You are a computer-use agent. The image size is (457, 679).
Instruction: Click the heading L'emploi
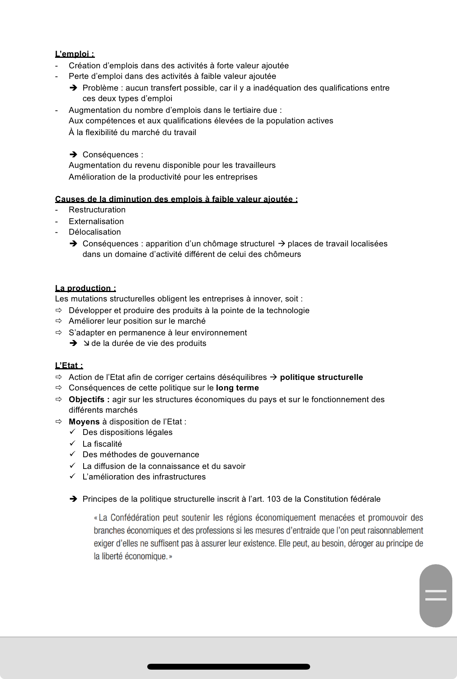click(75, 54)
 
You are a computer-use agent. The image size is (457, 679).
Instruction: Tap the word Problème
click(100, 88)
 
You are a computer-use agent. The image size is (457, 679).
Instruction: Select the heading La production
click(85, 288)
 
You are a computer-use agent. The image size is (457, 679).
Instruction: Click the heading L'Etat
click(69, 365)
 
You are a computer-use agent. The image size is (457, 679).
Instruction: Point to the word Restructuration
click(97, 210)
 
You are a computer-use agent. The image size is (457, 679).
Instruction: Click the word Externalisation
click(96, 221)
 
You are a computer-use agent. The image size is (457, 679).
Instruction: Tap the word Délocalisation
click(95, 232)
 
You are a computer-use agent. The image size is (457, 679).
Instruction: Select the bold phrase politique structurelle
click(321, 377)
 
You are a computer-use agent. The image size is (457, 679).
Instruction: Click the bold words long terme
click(237, 388)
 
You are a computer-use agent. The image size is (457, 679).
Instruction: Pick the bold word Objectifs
click(86, 399)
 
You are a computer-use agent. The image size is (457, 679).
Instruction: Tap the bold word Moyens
click(84, 422)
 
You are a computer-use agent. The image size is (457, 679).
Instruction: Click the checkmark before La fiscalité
click(73, 444)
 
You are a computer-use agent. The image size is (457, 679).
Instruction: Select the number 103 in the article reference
click(274, 499)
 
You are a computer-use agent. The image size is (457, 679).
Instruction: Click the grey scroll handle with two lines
click(436, 595)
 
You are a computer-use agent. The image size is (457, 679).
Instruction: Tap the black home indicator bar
click(228, 667)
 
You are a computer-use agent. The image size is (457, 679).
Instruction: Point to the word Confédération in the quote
click(135, 518)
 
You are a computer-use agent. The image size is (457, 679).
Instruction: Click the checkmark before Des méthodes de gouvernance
click(73, 454)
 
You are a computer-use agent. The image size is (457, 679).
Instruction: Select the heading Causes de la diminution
click(176, 199)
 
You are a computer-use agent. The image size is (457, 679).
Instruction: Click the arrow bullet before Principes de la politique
click(73, 499)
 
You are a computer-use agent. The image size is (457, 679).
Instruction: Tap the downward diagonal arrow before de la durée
click(86, 343)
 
